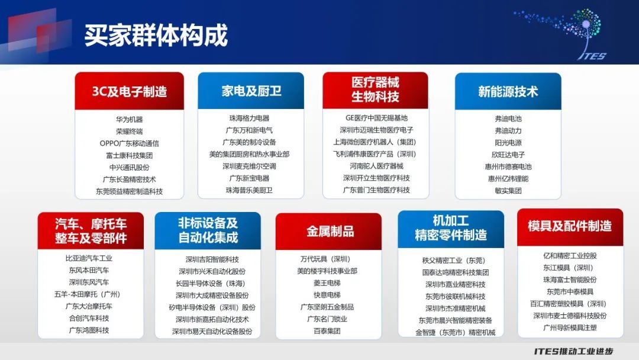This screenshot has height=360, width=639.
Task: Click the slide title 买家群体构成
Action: (x=156, y=35)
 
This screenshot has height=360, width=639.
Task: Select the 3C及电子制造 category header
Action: (x=129, y=91)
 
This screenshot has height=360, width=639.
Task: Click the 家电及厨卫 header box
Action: (x=251, y=91)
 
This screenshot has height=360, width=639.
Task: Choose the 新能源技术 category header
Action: (x=508, y=91)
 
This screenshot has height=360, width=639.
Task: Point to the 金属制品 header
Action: (x=328, y=231)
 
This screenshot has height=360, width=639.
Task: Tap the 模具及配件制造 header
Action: (x=570, y=227)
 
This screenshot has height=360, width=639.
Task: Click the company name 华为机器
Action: (x=129, y=120)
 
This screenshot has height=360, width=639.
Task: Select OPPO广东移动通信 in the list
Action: (x=129, y=143)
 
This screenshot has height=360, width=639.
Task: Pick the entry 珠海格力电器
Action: (x=250, y=118)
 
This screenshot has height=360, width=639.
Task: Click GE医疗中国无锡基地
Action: (x=376, y=118)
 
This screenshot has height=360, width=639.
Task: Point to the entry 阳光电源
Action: (x=508, y=143)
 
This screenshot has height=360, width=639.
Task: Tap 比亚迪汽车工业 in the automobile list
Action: (x=89, y=258)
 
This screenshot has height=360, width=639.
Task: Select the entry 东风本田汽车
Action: (x=89, y=270)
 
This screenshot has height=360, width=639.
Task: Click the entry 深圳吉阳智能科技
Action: (x=212, y=259)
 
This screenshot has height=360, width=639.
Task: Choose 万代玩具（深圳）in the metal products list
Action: (x=325, y=259)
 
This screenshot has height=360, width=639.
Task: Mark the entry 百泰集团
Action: (x=327, y=331)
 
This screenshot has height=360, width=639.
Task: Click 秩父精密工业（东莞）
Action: (x=454, y=260)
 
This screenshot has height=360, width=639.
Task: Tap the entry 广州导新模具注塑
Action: (x=570, y=328)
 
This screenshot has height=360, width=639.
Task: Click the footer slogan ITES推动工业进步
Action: (x=573, y=352)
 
